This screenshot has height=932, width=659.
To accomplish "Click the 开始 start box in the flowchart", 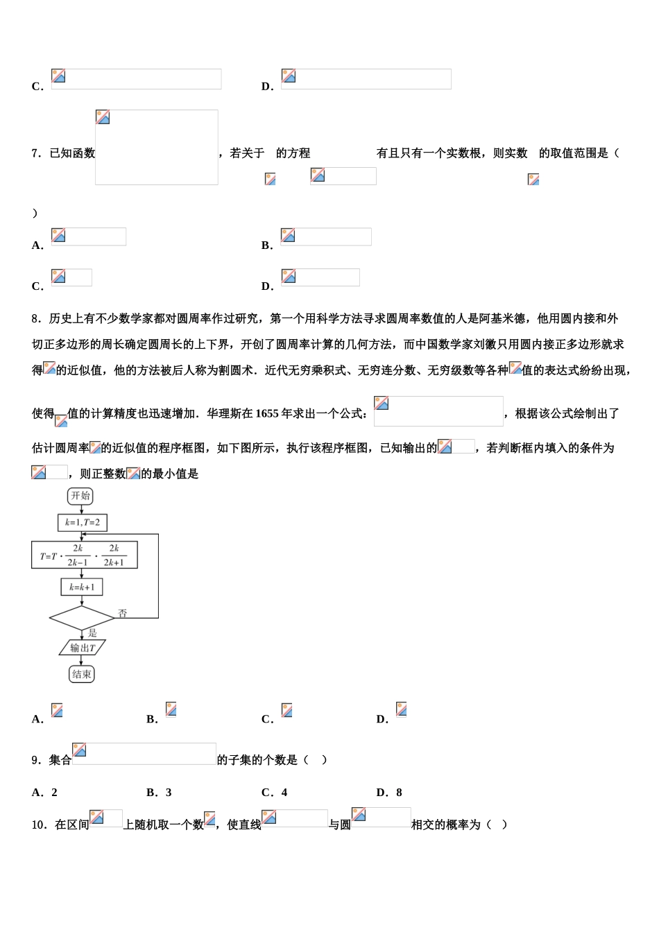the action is coord(80,496).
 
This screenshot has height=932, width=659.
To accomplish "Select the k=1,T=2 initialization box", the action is coord(83,522).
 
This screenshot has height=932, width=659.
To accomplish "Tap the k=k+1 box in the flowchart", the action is coord(82,587).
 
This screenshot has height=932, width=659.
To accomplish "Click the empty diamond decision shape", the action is coord(82,617).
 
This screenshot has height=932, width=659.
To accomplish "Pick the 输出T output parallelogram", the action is coord(83,648).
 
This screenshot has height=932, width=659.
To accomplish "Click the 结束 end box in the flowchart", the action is coord(82,674).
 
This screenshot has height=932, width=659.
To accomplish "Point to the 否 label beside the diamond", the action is coord(123,614).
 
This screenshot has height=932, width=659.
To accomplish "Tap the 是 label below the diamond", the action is coord(93,632).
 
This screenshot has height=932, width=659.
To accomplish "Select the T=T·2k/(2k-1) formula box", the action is coord(84,555).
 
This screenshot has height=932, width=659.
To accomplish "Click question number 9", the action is coord(36,760).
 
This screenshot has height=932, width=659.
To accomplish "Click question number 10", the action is coord(39,825).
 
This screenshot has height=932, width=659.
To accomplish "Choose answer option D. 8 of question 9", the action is coord(389,793).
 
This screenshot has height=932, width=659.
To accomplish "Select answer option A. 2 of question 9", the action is coord(44,793).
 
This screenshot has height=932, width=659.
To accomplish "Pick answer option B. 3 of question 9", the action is coord(159,793).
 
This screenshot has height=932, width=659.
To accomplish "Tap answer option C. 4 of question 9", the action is coord(274,793).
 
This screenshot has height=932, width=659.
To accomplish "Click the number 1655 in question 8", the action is coord(267,414).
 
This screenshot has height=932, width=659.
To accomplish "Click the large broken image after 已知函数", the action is coord(157,147).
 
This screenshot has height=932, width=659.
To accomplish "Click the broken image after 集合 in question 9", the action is coord(144,754).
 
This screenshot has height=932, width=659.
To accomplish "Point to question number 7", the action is coord(36,153).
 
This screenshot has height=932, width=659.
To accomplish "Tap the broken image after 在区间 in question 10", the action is coord(105,818).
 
